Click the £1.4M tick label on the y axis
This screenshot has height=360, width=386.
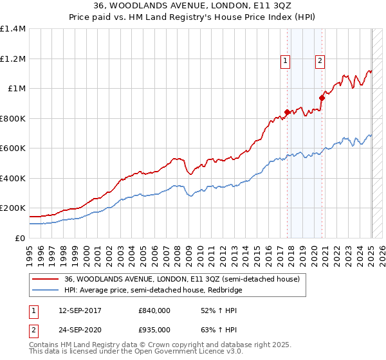[13, 29]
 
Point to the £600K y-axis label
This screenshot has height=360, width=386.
[13, 148]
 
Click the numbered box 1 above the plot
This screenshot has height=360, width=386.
[285, 61]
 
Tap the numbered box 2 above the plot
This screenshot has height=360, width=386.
[320, 61]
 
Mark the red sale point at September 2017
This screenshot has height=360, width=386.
[287, 112]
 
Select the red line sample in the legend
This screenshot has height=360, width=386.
[45, 280]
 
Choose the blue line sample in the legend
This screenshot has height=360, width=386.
[45, 291]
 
